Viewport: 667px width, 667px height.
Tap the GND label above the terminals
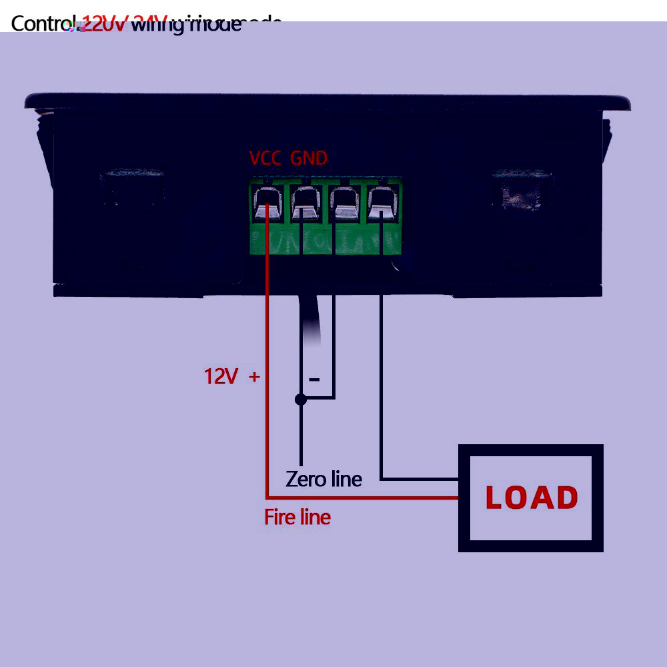[309, 158]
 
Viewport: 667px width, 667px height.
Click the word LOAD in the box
[532, 498]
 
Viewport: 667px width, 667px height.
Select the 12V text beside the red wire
[221, 376]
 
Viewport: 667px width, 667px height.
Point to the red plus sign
[253, 376]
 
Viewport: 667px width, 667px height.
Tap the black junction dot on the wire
[301, 399]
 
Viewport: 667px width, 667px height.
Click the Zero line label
[323, 478]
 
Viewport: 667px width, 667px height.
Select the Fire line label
[297, 517]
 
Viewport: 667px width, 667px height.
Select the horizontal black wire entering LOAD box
[420, 479]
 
